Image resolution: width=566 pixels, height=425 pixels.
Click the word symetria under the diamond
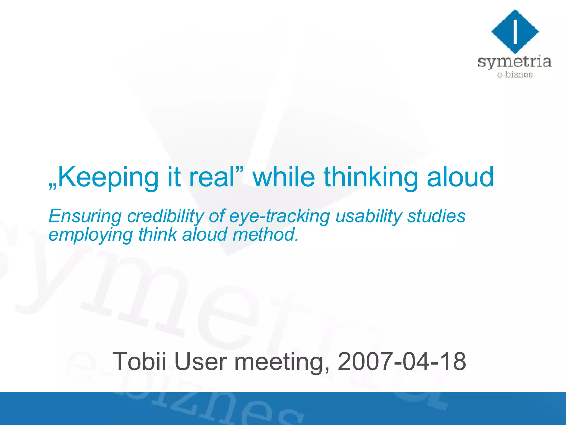[515, 62]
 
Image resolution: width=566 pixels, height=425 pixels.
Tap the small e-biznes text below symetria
[515, 75]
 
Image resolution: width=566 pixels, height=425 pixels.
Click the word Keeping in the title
[108, 178]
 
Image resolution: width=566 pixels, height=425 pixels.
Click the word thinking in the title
[371, 178]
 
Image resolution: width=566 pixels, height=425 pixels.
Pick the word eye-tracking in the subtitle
[279, 216]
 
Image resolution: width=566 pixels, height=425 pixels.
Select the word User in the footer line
[201, 361]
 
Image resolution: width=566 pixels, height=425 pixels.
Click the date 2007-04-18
[402, 361]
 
